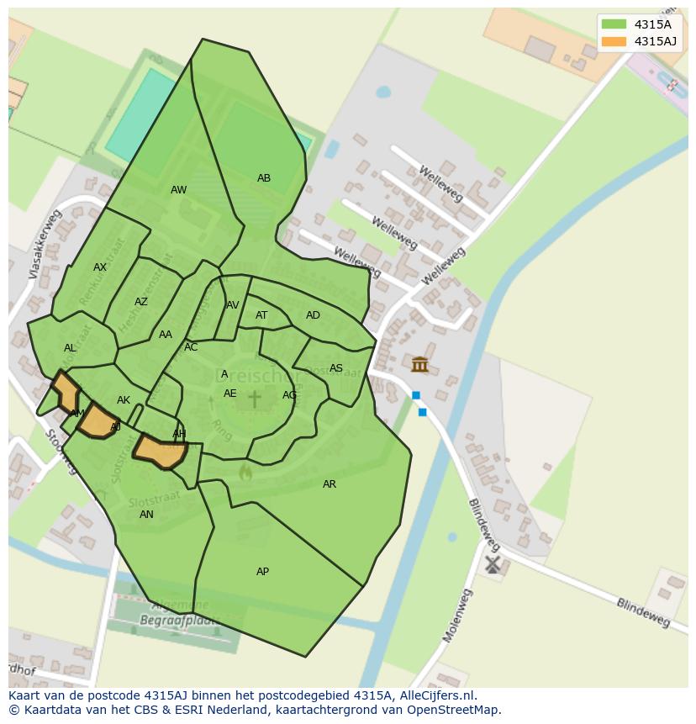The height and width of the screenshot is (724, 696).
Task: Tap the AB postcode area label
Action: (264, 178)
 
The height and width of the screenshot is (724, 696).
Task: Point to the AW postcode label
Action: (179, 190)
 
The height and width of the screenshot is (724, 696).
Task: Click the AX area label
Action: (100, 267)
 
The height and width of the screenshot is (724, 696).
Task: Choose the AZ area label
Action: (141, 302)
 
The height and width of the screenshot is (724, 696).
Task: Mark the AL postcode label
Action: (70, 348)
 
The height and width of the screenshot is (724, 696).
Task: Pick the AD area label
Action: (313, 315)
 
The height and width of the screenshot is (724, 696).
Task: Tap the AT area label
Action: (261, 315)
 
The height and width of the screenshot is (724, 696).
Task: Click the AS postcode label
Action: (336, 368)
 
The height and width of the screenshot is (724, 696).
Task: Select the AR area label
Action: (330, 484)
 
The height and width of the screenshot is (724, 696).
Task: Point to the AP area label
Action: (262, 572)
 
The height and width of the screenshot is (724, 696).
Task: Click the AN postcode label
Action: (146, 515)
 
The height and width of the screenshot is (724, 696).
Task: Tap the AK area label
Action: (124, 400)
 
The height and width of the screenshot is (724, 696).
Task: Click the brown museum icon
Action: (419, 364)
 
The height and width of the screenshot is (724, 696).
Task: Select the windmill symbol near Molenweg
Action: (493, 564)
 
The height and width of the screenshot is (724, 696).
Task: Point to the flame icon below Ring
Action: (245, 472)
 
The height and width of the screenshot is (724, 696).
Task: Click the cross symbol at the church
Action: (254, 398)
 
